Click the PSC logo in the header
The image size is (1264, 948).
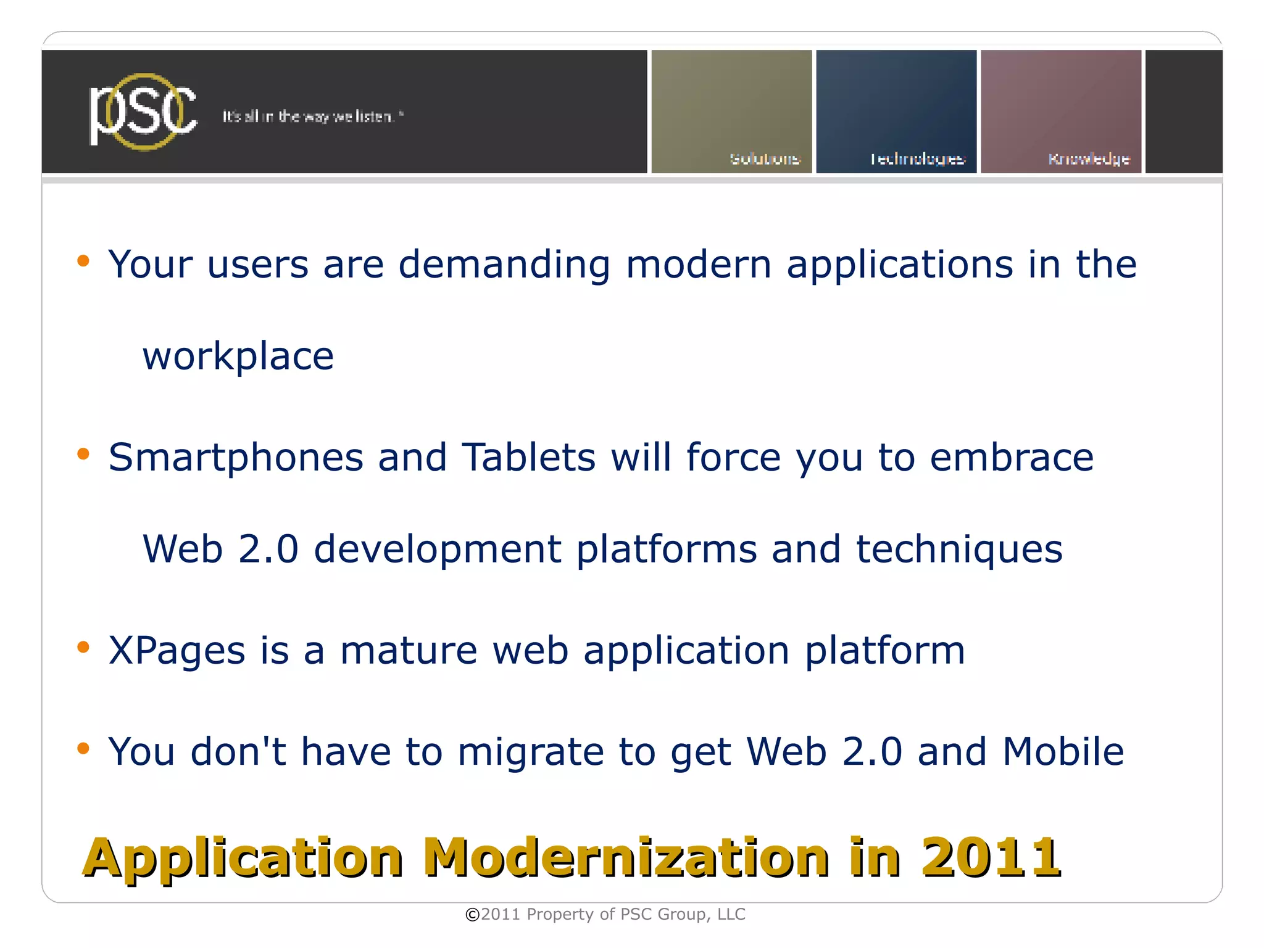pyautogui.click(x=143, y=112)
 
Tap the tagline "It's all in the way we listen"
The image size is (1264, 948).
pyautogui.click(x=312, y=117)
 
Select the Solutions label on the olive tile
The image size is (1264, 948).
pyautogui.click(x=765, y=159)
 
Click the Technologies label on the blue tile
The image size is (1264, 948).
pyautogui.click(x=917, y=159)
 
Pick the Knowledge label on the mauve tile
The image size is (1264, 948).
pyautogui.click(x=1089, y=159)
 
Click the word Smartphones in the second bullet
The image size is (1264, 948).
pyautogui.click(x=236, y=458)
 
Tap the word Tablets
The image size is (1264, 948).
pyautogui.click(x=529, y=458)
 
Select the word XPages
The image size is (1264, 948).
pyautogui.click(x=177, y=651)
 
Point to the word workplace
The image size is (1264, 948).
pyautogui.click(x=238, y=357)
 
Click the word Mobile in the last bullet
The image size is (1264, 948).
pyautogui.click(x=1063, y=752)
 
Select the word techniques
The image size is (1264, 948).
pyautogui.click(x=959, y=550)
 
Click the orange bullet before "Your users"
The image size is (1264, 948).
pyautogui.click(x=83, y=261)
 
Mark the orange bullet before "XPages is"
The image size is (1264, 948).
pyautogui.click(x=83, y=647)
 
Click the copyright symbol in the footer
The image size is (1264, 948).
pyautogui.click(x=472, y=915)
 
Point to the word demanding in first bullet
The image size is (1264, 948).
pyautogui.click(x=504, y=265)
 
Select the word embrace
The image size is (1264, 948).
pyautogui.click(x=1012, y=458)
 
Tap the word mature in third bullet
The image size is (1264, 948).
pyautogui.click(x=409, y=651)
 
